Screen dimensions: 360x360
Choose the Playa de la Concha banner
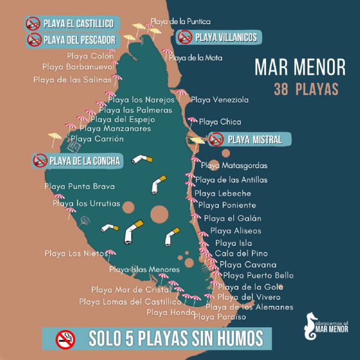click(77, 161)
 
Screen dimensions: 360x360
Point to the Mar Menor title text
click(300, 68)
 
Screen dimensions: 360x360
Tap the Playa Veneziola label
click(219, 100)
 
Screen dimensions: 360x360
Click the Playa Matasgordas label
click(233, 166)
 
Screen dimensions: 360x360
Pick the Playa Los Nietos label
click(69, 254)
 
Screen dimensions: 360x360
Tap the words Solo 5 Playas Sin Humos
click(175, 338)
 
